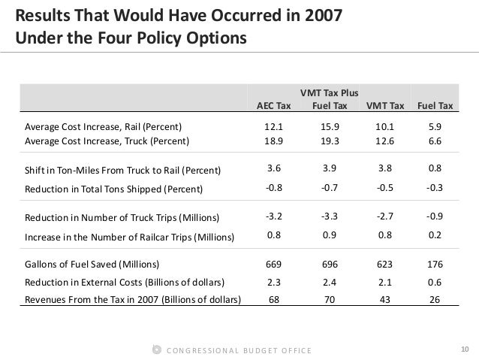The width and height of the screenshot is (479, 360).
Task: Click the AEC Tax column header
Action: (x=274, y=105)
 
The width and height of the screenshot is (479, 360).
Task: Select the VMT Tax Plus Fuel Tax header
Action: (x=329, y=99)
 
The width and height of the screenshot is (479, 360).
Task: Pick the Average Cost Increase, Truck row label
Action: (x=107, y=140)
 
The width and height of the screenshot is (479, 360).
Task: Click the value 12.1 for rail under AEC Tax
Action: (x=274, y=126)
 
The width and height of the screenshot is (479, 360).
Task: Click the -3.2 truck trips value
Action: (x=274, y=218)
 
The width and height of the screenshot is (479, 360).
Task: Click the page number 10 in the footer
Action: (x=464, y=349)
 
